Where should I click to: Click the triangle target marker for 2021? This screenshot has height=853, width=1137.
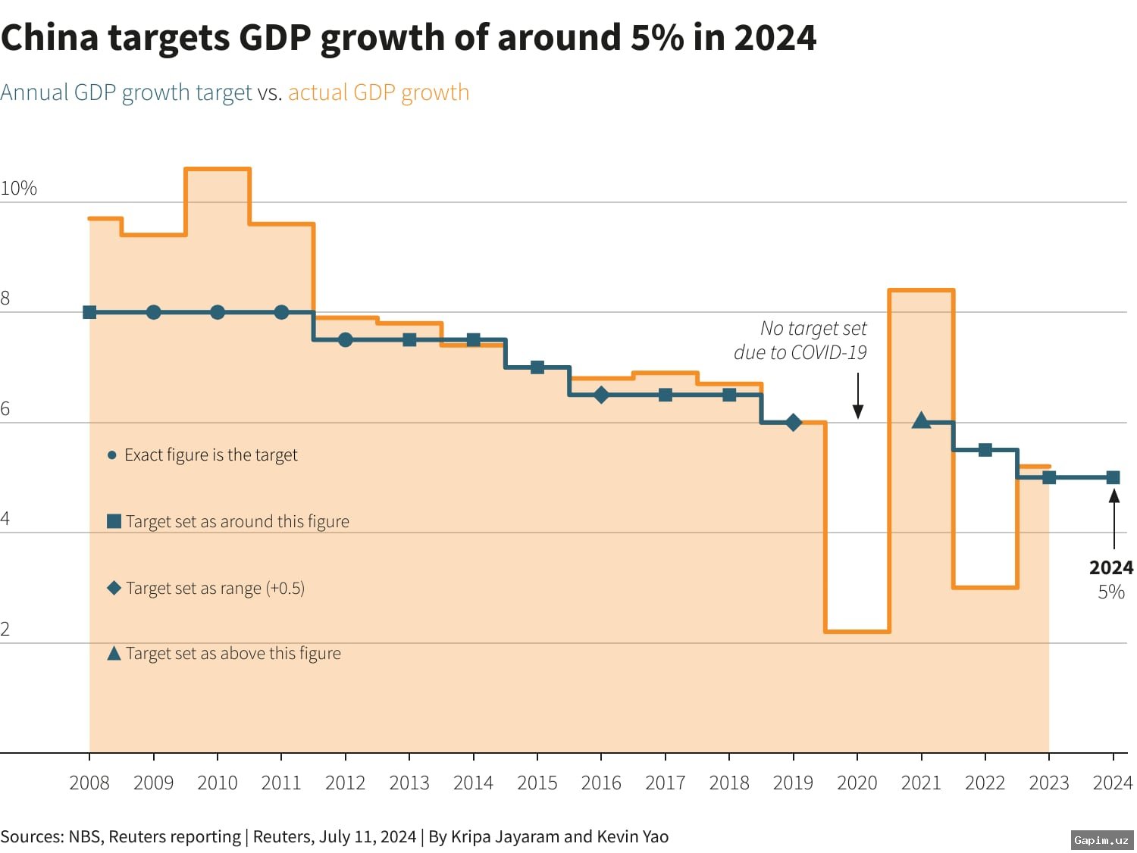921,420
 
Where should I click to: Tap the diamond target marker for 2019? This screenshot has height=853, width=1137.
794,423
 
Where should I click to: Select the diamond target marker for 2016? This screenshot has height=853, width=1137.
601,395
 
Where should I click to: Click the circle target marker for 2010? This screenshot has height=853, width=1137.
218,312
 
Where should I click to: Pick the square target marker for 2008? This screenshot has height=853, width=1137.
89,312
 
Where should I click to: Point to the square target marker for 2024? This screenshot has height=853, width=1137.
1113,477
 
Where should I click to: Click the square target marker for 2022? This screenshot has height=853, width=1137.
985,450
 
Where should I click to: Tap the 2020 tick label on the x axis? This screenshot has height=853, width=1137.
857,783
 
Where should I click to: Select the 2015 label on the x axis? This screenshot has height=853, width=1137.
537,783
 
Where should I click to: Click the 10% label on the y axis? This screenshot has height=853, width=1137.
18,188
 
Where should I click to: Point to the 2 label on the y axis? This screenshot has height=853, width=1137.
5,629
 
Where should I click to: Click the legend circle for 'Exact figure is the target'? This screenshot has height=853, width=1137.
112,455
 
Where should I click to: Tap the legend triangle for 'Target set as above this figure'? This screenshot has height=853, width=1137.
114,653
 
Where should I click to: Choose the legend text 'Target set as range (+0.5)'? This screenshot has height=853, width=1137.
215,588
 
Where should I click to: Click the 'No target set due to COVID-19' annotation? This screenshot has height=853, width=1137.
800,340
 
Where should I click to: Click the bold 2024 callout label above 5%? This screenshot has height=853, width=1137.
1110,567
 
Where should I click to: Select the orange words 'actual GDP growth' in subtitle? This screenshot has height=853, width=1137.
378,92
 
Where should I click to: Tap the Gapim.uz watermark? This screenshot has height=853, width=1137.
1101,839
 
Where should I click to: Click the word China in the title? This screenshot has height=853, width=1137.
50,37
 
